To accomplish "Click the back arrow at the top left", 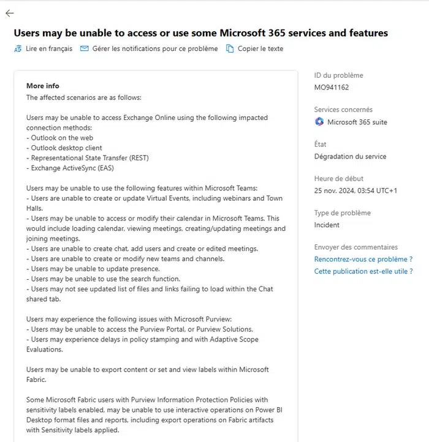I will [9, 13].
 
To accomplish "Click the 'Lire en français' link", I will [48, 48].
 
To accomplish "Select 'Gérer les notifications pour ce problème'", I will [154, 48].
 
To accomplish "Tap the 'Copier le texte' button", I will [260, 48].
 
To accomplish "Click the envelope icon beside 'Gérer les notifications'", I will [85, 48].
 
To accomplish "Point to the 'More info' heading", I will [43, 86].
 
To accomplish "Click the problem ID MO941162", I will [332, 88].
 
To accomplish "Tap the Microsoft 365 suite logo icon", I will [319, 122].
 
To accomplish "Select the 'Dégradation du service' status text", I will [350, 156].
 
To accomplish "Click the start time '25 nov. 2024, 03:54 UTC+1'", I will [355, 190].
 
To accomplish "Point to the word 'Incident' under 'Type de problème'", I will [327, 225].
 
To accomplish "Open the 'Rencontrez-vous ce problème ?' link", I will [363, 260].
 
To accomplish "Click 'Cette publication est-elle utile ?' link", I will [363, 271].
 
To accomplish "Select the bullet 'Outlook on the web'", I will [59, 138].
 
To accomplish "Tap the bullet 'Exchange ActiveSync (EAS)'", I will [72, 168].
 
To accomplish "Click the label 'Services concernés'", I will [343, 110].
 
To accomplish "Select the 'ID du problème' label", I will [338, 75].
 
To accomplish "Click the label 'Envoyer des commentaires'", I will [355, 247].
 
